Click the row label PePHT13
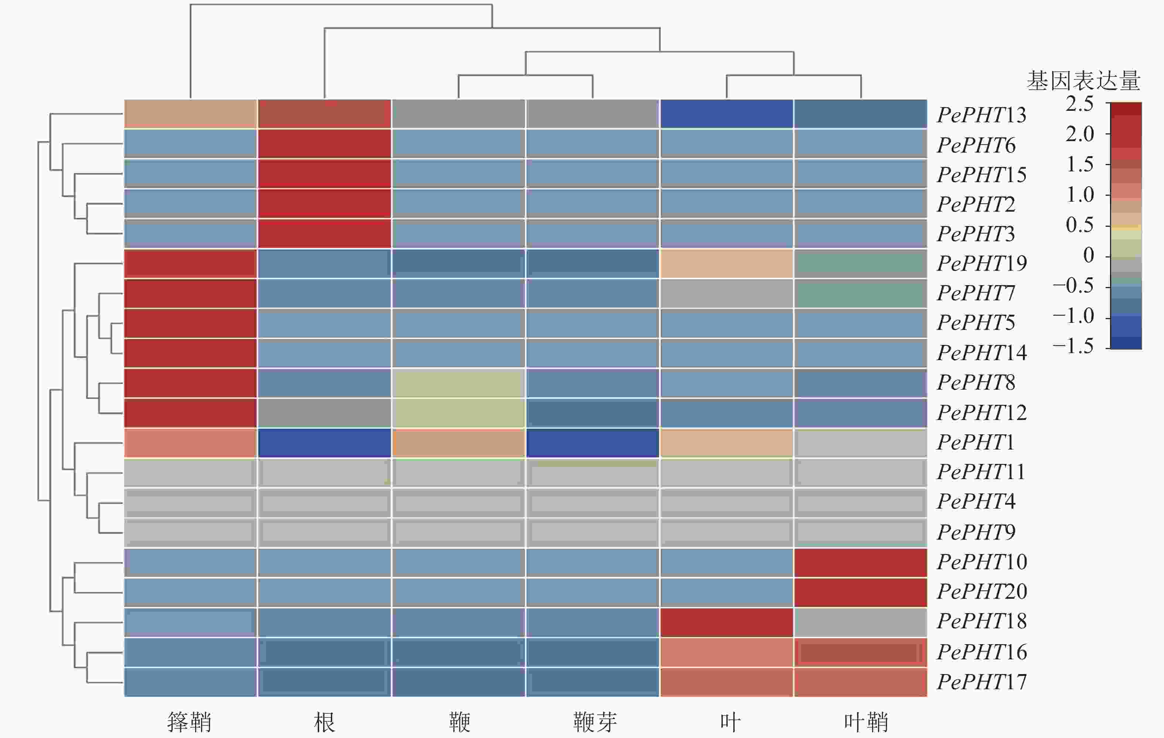tap(981, 115)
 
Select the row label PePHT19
tap(981, 263)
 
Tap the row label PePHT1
tap(975, 442)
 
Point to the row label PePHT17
tap(981, 682)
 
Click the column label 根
tap(324, 722)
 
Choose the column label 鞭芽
tap(595, 722)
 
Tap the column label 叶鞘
tap(866, 722)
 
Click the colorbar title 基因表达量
tap(1083, 81)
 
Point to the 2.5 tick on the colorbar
tap(1079, 104)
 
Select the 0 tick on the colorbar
tap(1088, 255)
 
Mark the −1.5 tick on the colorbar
tap(1073, 346)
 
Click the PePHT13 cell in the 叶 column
tap(726, 114)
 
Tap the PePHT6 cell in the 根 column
tap(324, 144)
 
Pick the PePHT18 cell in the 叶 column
tap(726, 622)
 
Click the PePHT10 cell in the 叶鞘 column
tap(860, 563)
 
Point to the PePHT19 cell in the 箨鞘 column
tap(190, 263)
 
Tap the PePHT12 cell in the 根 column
tap(324, 413)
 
